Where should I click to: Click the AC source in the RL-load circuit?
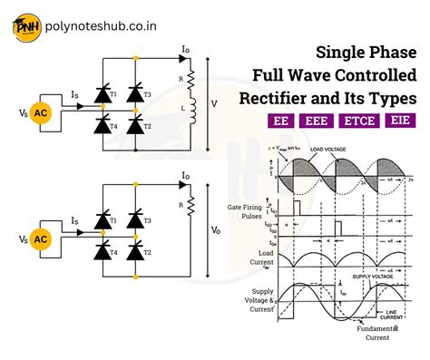tap(41, 113)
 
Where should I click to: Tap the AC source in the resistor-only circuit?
tap(41, 239)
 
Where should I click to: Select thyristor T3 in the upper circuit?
tap(136, 93)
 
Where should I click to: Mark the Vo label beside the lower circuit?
tap(216, 231)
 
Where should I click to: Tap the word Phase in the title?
tap(390, 52)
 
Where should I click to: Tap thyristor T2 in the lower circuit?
tap(136, 250)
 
